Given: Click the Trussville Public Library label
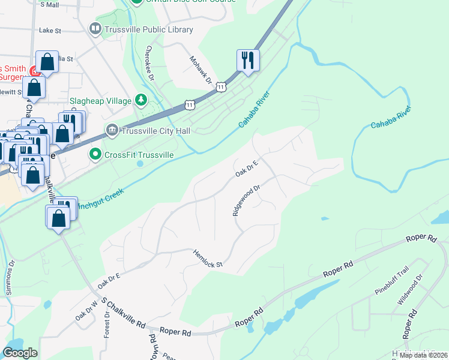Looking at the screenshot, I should pyautogui.click(x=149, y=29).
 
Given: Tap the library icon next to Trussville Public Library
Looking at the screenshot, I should pyautogui.click(x=95, y=29).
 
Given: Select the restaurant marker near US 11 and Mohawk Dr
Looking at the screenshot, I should pyautogui.click(x=247, y=60).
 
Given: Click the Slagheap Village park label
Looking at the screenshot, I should pyautogui.click(x=100, y=101).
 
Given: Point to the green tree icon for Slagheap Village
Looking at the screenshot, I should pyautogui.click(x=140, y=100).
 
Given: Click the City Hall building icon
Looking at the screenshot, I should pyautogui.click(x=112, y=130).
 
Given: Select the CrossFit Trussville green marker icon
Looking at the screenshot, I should pyautogui.click(x=95, y=155).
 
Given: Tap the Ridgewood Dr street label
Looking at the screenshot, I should pyautogui.click(x=246, y=200).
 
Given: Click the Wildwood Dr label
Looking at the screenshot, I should pyautogui.click(x=411, y=290).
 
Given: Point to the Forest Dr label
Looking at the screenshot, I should pyautogui.click(x=107, y=324).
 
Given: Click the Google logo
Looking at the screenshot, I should pyautogui.click(x=20, y=353).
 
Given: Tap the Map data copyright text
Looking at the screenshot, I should pyautogui.click(x=423, y=355).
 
